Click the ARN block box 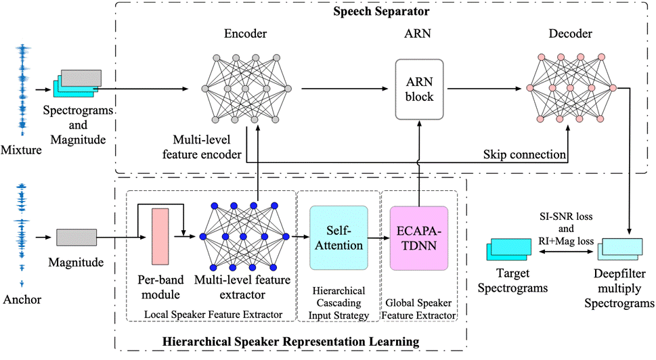pos(420,89)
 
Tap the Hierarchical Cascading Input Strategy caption pos(338,302)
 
